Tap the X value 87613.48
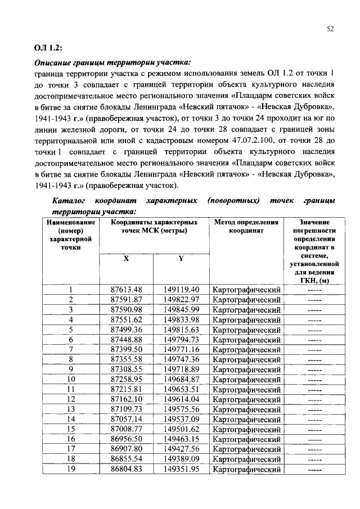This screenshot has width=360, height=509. [x=126, y=289]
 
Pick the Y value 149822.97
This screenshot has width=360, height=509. [x=181, y=299]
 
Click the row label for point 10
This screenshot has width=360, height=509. [x=71, y=379]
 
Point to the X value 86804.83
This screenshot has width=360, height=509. [x=126, y=469]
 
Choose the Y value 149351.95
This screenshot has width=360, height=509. [x=181, y=469]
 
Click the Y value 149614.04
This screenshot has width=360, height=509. [x=181, y=399]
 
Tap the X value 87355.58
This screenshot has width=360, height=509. [x=126, y=359]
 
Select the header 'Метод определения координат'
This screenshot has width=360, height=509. [x=246, y=226]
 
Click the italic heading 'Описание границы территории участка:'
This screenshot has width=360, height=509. [x=112, y=62]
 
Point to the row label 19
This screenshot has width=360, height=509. [x=71, y=469]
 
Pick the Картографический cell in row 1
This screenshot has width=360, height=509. [x=246, y=289]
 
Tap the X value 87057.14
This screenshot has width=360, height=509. [x=126, y=419]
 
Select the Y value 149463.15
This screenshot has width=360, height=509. [x=181, y=439]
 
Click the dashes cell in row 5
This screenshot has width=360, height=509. [x=314, y=329]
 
